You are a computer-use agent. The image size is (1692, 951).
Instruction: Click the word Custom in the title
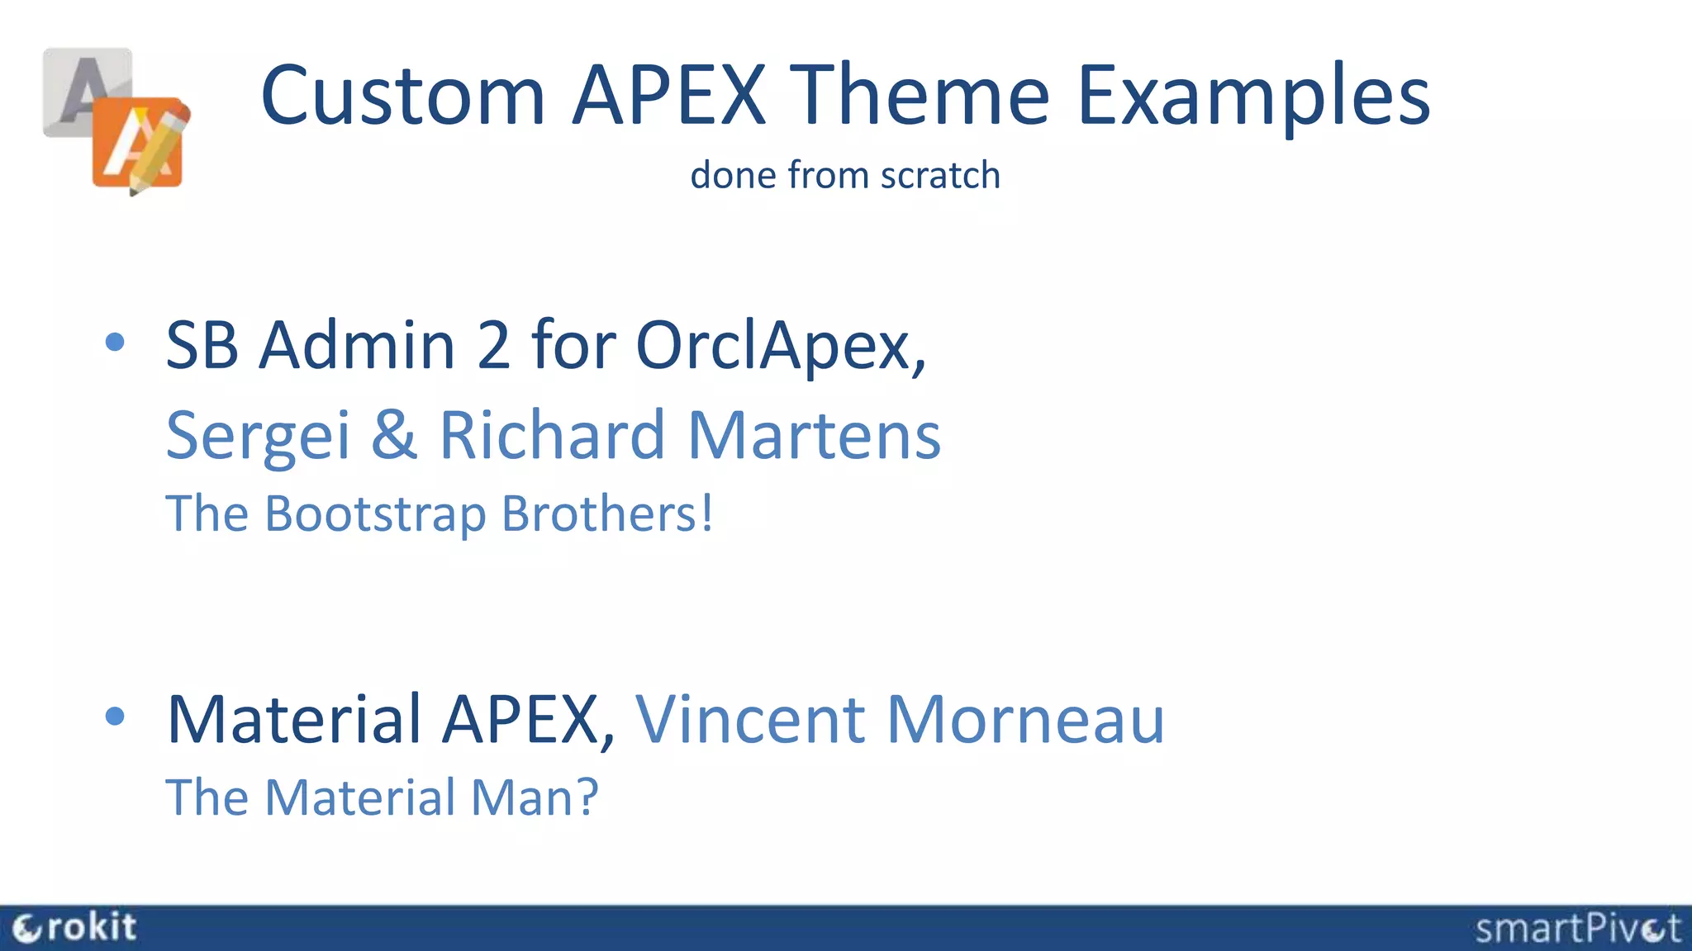click(403, 97)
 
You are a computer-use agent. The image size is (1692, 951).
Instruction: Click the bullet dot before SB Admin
click(116, 343)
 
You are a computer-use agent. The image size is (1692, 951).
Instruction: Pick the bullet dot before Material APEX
click(116, 717)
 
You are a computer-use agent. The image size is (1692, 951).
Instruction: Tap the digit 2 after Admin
click(493, 345)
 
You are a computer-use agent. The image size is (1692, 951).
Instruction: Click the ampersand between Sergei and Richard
click(394, 435)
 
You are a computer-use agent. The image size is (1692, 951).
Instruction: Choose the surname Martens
click(814, 435)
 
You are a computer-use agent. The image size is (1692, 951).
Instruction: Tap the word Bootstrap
click(375, 515)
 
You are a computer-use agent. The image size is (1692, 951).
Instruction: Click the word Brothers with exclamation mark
click(607, 513)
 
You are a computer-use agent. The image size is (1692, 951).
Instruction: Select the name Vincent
click(749, 720)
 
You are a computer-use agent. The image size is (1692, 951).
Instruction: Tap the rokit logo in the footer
click(74, 928)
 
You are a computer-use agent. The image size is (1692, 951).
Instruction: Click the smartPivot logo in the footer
click(1577, 929)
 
